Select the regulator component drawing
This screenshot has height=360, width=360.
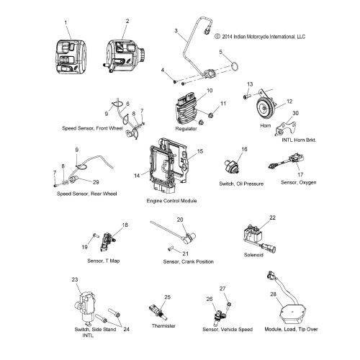[x=188, y=110]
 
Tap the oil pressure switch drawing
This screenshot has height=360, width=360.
[x=231, y=166]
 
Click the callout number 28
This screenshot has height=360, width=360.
[x=274, y=294]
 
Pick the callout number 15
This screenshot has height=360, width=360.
[x=200, y=151]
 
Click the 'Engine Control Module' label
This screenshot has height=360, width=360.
[x=171, y=201]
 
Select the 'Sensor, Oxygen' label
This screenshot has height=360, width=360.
[x=299, y=182]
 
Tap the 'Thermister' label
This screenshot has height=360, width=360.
[x=163, y=325]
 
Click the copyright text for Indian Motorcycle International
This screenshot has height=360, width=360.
[x=260, y=37]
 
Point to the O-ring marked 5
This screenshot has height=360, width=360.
[x=235, y=66]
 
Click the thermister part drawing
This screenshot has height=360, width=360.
[x=158, y=311]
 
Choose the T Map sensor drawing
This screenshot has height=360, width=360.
[x=107, y=242]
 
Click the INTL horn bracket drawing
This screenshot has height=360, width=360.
[x=286, y=129]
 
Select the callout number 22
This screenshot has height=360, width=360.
[x=272, y=217]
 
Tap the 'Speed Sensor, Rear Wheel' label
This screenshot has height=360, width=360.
[x=86, y=194]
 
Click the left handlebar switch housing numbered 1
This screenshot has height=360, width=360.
[x=71, y=57]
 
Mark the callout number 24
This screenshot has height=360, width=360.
[x=126, y=329]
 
